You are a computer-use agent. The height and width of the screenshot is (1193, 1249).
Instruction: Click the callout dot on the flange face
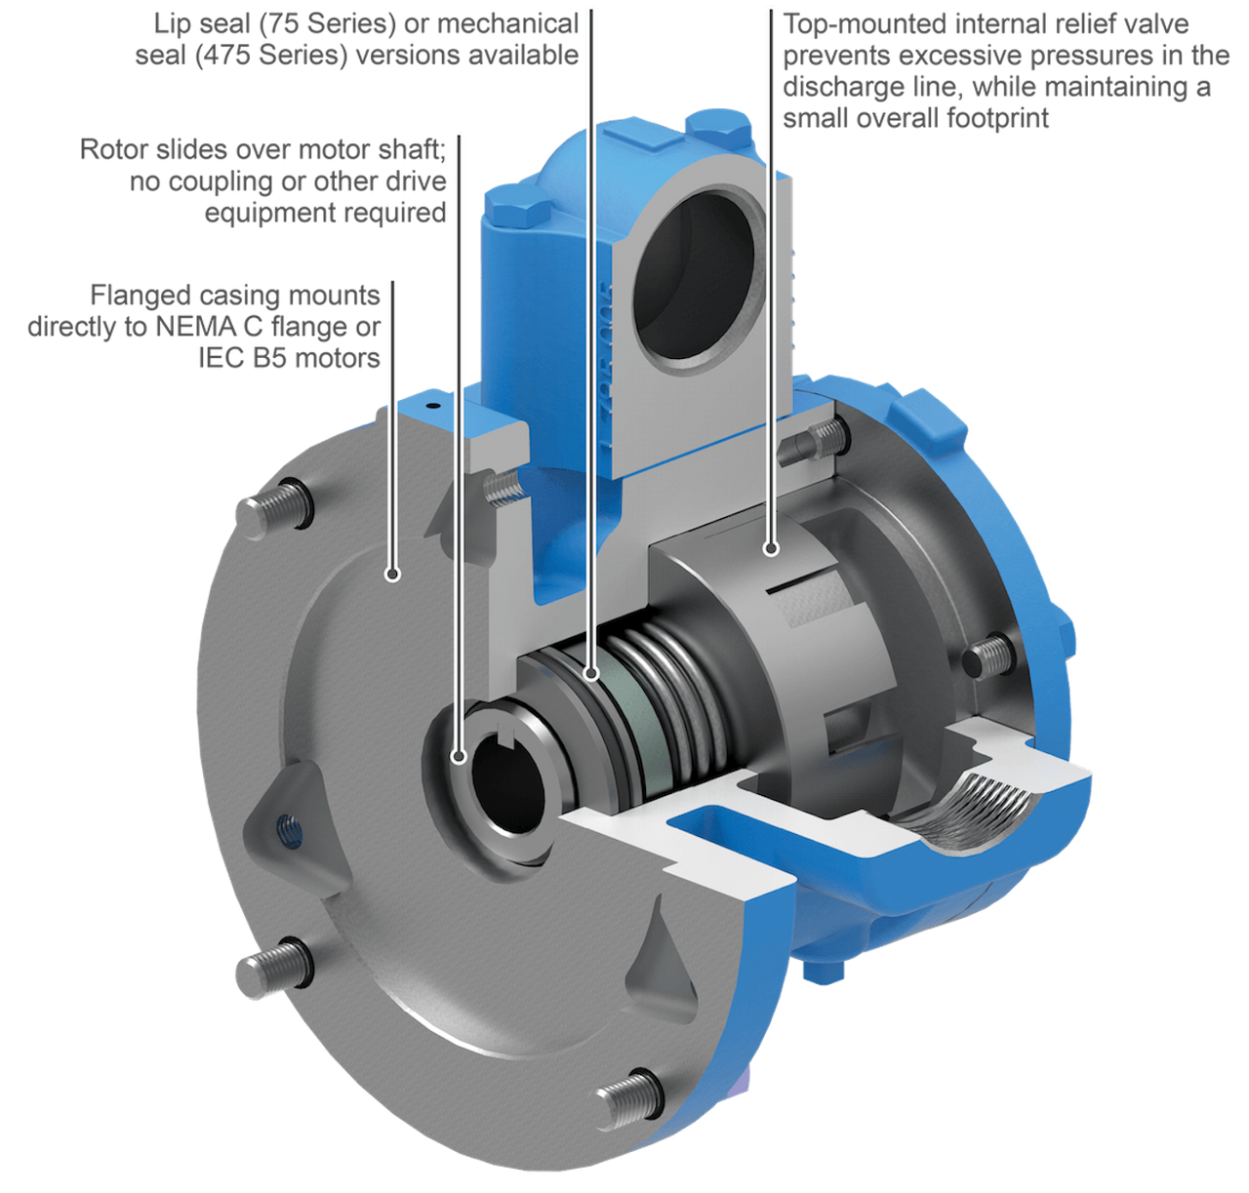pyautogui.click(x=392, y=574)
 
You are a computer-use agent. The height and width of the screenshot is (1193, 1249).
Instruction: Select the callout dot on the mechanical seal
pyautogui.click(x=590, y=673)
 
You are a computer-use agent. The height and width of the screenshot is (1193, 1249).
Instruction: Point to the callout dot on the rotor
pyautogui.click(x=771, y=548)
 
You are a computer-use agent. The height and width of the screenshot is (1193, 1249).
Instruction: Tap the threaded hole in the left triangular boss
pyautogui.click(x=291, y=830)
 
